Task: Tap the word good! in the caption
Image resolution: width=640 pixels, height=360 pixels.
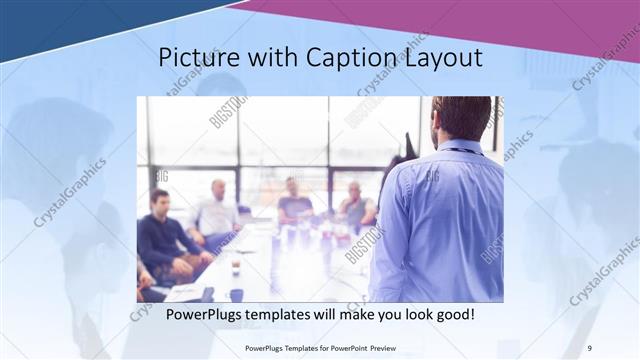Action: pos(453,315)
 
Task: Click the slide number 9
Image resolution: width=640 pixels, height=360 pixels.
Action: pos(588,347)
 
